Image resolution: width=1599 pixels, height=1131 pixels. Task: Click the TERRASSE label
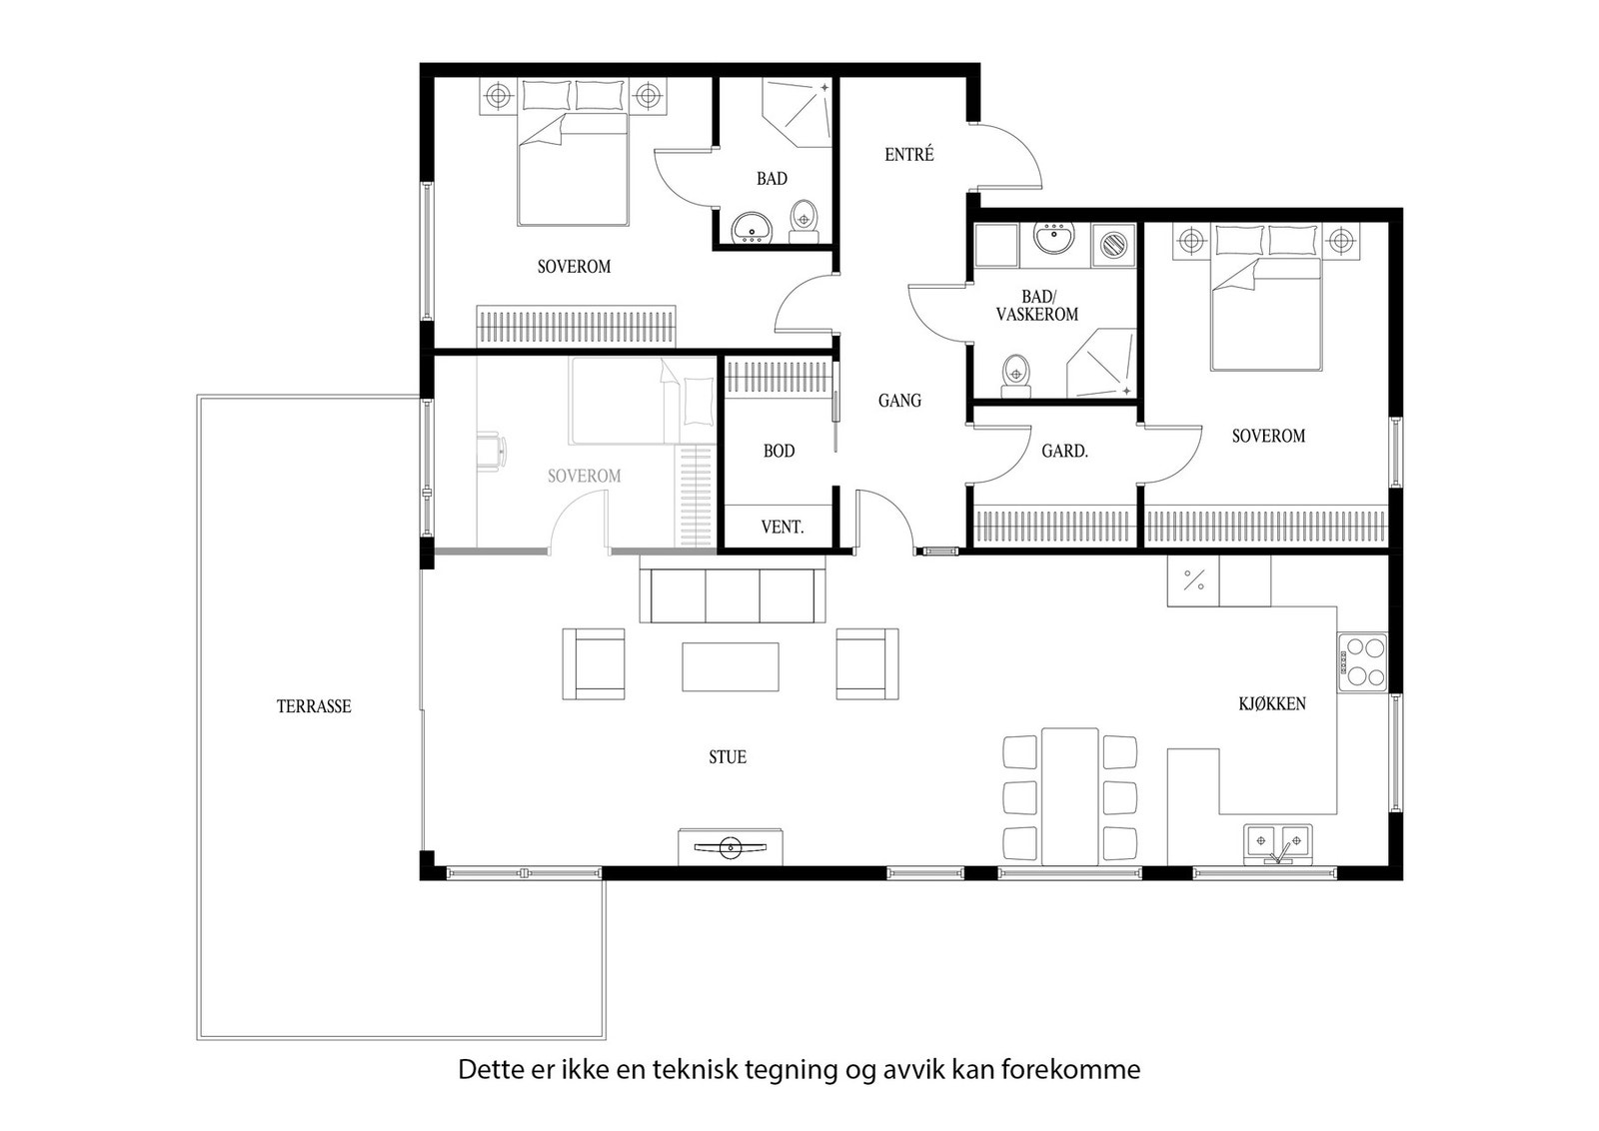pyautogui.click(x=314, y=706)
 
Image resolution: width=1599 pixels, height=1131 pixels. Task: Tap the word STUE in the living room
pyautogui.click(x=728, y=757)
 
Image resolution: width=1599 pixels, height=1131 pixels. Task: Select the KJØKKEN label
pyautogui.click(x=1271, y=703)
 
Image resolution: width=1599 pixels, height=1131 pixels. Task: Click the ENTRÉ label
pyautogui.click(x=909, y=155)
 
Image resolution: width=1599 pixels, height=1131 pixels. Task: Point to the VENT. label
pyautogui.click(x=782, y=527)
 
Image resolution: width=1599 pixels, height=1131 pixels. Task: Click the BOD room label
pyautogui.click(x=779, y=451)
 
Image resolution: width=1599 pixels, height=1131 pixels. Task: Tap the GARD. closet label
pyautogui.click(x=1064, y=452)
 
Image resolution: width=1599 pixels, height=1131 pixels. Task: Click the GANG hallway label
pyautogui.click(x=899, y=401)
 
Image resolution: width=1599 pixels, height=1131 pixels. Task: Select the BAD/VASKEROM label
pyautogui.click(x=1037, y=306)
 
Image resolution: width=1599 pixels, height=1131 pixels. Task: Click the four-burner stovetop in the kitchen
pyautogui.click(x=1363, y=660)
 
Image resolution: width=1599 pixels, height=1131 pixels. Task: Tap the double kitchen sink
pyautogui.click(x=1277, y=843)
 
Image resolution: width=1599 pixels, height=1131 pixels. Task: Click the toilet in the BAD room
pyautogui.click(x=803, y=220)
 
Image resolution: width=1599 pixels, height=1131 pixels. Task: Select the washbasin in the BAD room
pyautogui.click(x=750, y=229)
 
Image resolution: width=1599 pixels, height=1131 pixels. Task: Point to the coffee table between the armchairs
pyautogui.click(x=731, y=666)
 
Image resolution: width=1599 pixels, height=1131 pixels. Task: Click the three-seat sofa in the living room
pyautogui.click(x=733, y=595)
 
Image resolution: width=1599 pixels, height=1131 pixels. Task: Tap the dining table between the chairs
pyautogui.click(x=1069, y=796)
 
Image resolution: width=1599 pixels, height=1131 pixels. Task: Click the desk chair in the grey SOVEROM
pyautogui.click(x=491, y=450)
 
